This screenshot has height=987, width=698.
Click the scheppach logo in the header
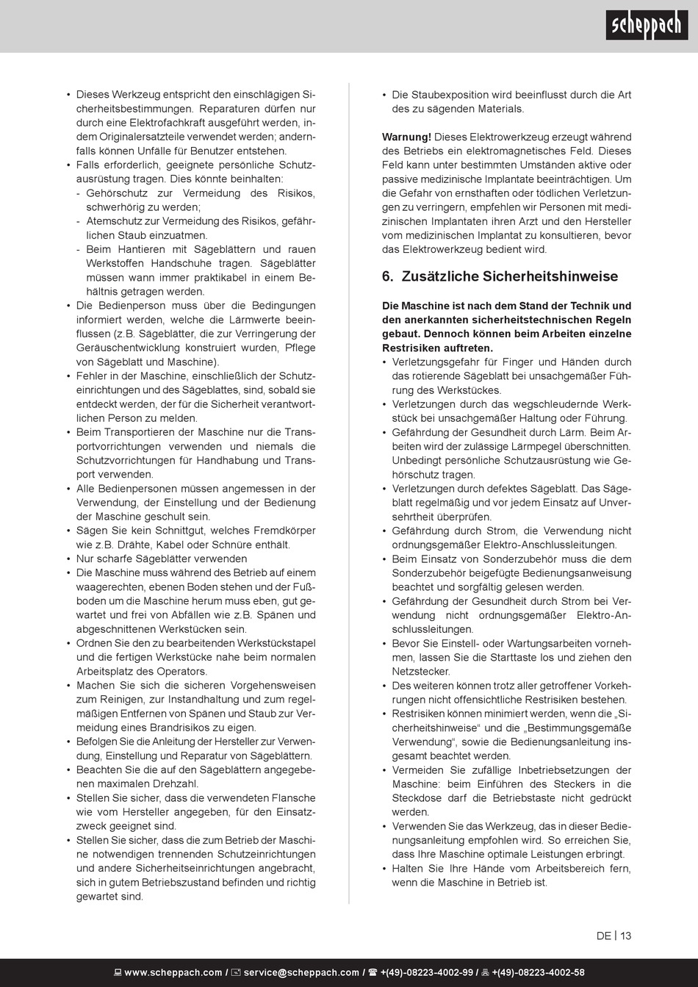[x=647, y=26]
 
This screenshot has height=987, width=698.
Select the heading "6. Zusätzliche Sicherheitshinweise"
[x=500, y=277]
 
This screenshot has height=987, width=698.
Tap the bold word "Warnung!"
[x=406, y=137]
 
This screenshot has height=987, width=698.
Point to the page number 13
[x=625, y=936]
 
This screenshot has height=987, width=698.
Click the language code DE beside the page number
[x=604, y=936]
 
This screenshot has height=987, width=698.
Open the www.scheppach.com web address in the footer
[x=173, y=972]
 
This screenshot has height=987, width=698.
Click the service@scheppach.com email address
[x=301, y=972]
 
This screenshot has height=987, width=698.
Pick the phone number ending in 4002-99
[x=426, y=972]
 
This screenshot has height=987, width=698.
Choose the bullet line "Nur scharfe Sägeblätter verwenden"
[x=162, y=559]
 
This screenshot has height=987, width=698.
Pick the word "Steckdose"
[x=416, y=798]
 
